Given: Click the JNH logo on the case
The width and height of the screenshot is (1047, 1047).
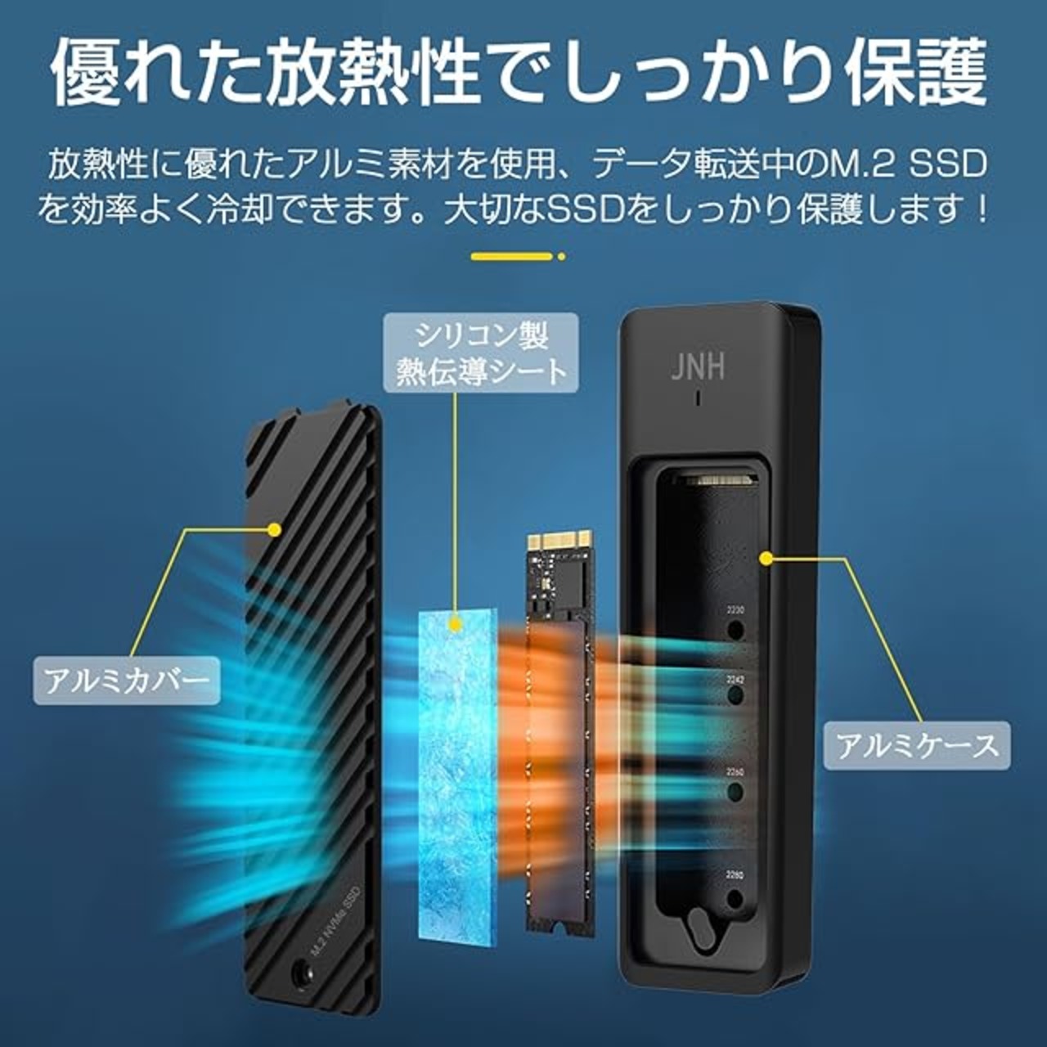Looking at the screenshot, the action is coord(698,366).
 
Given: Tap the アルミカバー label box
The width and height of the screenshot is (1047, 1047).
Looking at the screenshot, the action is coord(127,680).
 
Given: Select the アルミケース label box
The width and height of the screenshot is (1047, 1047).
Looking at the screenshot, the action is coord(917,744).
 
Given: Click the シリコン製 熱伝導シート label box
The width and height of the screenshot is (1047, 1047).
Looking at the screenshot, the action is coord(481,353).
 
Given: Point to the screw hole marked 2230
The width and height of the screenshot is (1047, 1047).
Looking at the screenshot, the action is coord(735,629).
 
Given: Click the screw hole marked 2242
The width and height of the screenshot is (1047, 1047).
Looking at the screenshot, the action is coord(735,696).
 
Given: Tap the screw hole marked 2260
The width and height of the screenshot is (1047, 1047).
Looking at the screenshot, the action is coord(735,791).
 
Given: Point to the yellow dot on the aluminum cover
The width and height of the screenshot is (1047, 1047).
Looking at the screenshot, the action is coord(275,530).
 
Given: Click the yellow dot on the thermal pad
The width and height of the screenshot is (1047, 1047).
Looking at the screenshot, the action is coord(455,625).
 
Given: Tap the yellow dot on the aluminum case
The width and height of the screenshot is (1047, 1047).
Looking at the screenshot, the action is coord(766,559).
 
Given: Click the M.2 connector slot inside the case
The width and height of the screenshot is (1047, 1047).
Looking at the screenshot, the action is coord(717,479).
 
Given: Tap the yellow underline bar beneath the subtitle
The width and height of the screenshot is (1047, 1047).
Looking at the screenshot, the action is coord(510,256).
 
